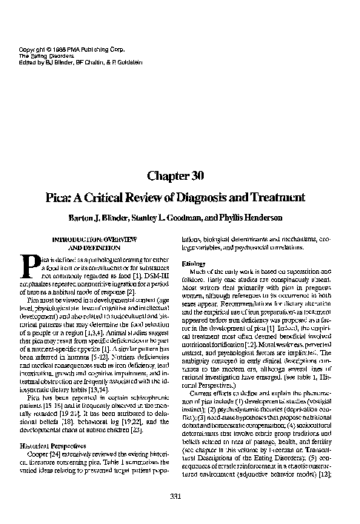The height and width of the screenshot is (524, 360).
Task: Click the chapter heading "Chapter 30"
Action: pos(179,175)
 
